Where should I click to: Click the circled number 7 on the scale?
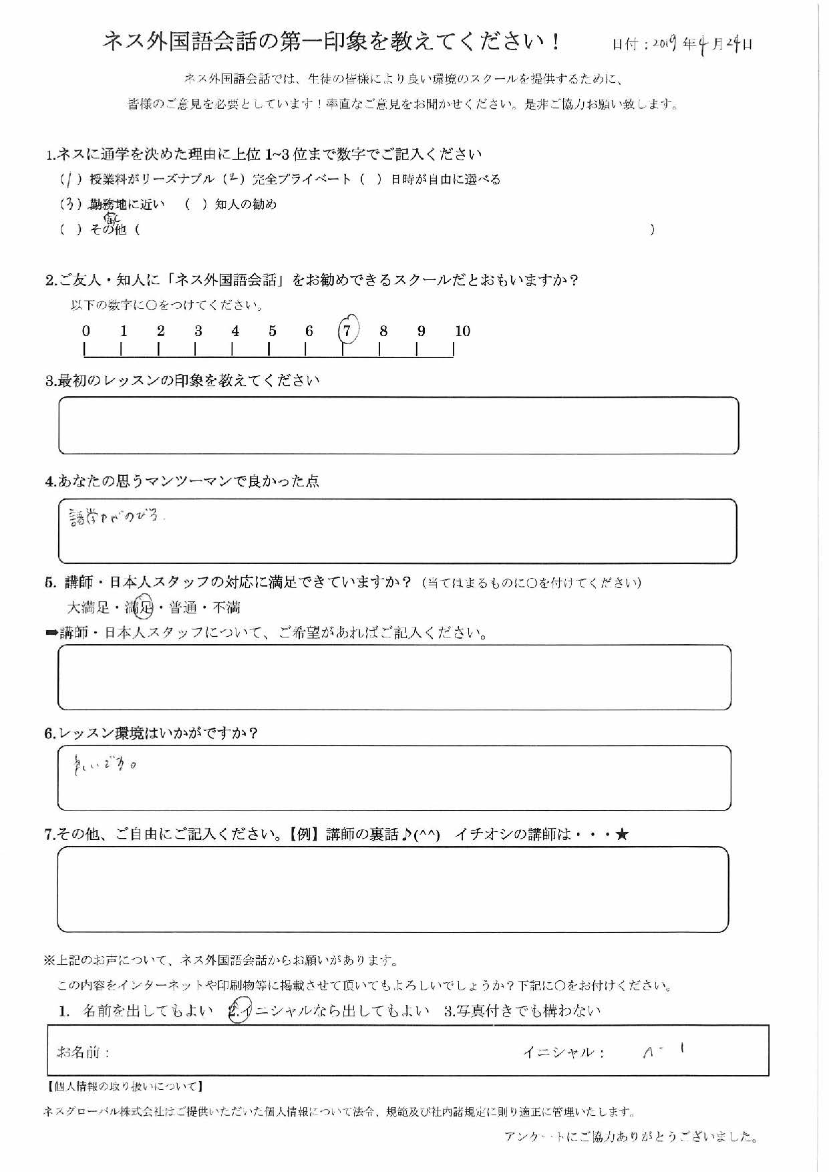[347, 330]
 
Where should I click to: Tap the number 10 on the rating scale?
[462, 331]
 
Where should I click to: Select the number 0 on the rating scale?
[86, 331]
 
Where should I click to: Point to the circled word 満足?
[140, 607]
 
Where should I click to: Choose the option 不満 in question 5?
[226, 607]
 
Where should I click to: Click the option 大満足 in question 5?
[88, 607]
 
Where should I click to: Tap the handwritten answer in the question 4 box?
[115, 517]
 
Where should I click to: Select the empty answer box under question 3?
[398, 426]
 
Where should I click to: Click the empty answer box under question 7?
[393, 889]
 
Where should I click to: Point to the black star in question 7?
[622, 834]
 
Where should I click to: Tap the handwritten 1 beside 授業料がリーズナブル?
[69, 179]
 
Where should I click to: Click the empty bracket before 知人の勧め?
[196, 204]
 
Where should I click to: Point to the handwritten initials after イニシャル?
[661, 1051]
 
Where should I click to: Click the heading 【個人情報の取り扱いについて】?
[125, 1087]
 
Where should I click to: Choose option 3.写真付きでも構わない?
[522, 1011]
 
